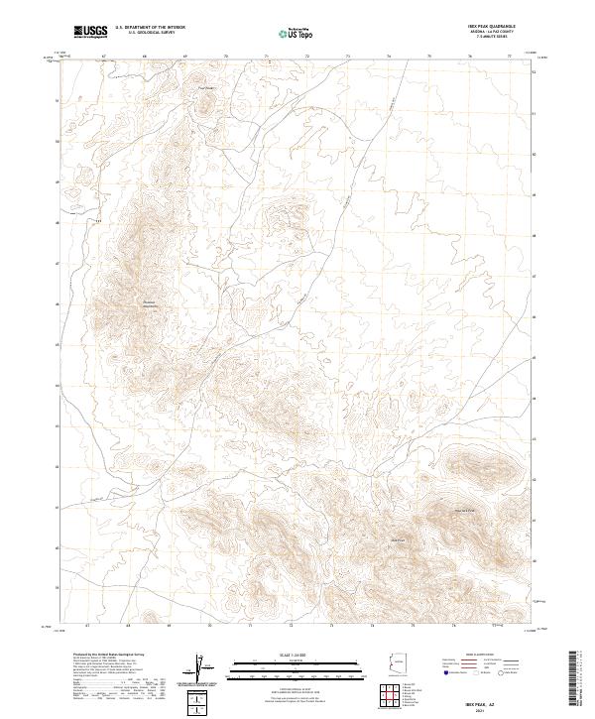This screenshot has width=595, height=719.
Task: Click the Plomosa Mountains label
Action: (x=151, y=303)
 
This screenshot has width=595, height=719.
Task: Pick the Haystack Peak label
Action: (x=465, y=510)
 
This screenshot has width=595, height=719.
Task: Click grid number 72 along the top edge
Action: (x=307, y=57)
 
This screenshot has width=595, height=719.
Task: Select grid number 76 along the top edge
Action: (x=469, y=57)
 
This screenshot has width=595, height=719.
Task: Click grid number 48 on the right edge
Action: (x=535, y=236)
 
